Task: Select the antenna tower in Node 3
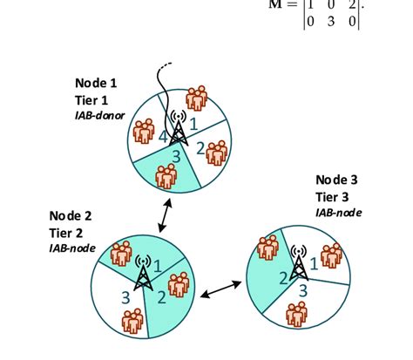(299, 261)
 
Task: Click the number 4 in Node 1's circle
(163, 137)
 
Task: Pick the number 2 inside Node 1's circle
(200, 148)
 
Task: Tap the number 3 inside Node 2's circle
(125, 297)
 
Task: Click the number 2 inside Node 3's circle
(283, 278)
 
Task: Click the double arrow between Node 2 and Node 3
(221, 289)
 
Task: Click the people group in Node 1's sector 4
(145, 131)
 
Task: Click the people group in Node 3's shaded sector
(268, 248)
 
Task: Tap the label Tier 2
(67, 233)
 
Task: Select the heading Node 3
(337, 180)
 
